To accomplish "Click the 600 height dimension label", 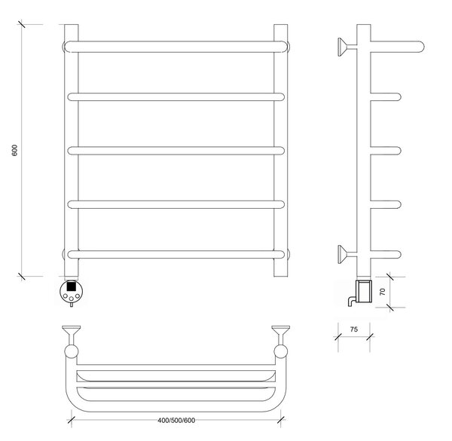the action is tap(14, 150).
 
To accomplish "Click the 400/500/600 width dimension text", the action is tap(176, 420).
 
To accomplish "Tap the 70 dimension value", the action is tap(382, 292).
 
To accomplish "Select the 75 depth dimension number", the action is tap(354, 329).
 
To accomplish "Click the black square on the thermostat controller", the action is tap(72, 286).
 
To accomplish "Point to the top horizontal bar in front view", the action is tap(176, 47).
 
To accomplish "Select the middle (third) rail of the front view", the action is tap(176, 151).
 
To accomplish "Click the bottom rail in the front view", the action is tap(176, 254).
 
